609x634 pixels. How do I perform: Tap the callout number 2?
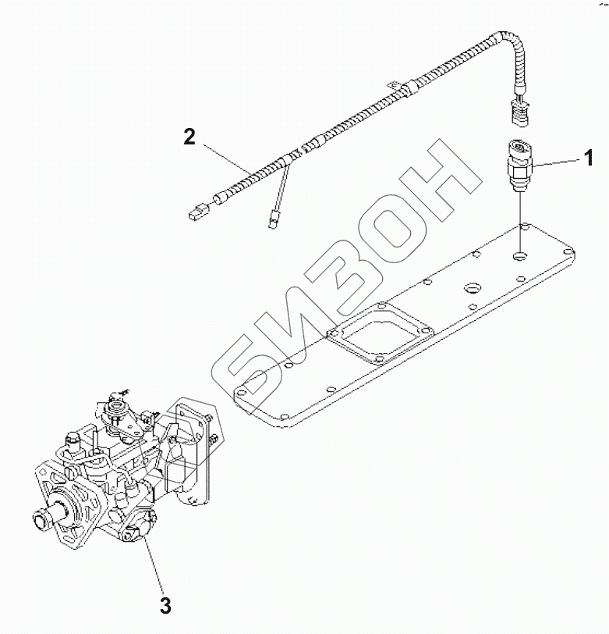[x=189, y=137]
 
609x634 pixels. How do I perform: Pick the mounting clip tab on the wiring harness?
[x=396, y=85]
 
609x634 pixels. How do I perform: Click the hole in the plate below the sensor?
[x=520, y=255]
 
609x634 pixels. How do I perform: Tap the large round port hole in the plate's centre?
[x=473, y=291]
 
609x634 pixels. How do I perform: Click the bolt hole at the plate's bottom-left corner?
[x=242, y=388]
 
